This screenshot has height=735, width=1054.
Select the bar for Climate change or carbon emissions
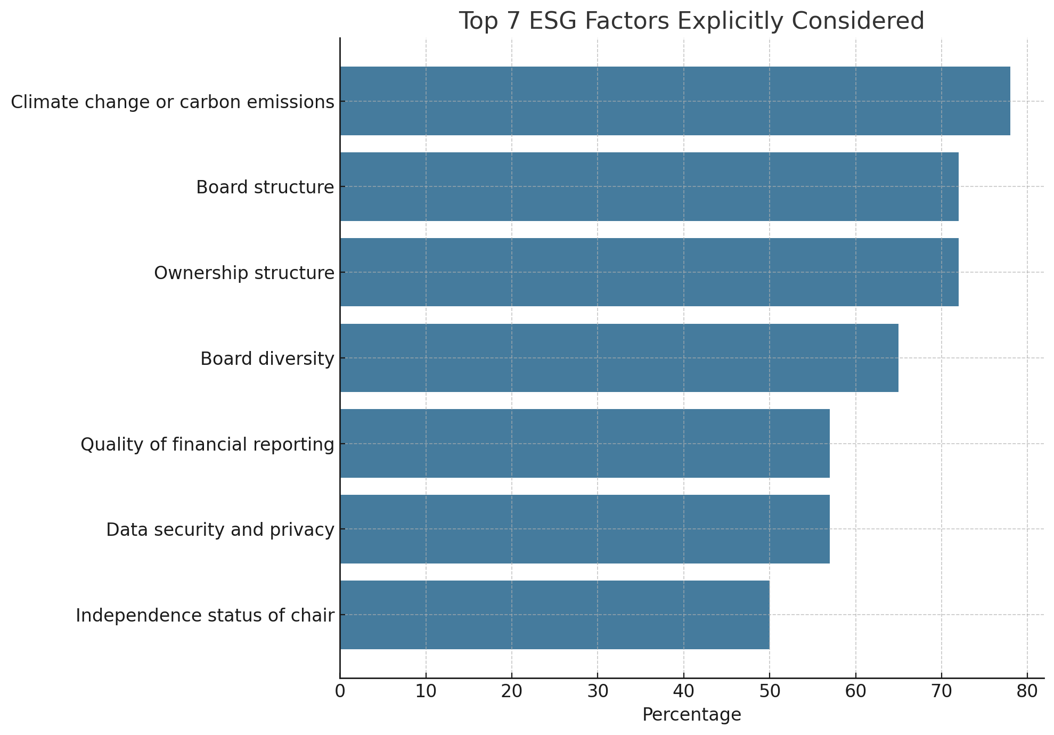point(675,101)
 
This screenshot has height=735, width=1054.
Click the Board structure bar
point(649,187)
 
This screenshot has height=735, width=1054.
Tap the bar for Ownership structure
point(649,272)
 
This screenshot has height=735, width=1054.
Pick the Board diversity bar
point(619,358)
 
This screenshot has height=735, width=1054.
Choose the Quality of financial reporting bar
point(584,444)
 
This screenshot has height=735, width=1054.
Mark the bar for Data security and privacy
point(584,529)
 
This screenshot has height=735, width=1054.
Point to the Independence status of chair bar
point(554,615)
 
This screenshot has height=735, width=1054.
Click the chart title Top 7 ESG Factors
point(691,21)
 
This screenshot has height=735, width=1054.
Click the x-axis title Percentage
point(691,715)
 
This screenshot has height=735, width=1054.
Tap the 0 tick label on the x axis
point(340,692)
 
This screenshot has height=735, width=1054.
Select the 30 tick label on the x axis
point(598,692)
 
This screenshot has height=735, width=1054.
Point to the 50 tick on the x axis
point(770,692)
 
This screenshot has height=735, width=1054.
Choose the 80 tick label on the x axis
point(1027,692)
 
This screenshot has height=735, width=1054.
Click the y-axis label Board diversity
point(267,359)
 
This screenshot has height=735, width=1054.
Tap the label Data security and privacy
point(220,530)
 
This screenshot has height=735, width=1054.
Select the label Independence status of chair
point(205,616)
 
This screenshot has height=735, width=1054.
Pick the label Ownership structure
point(244,273)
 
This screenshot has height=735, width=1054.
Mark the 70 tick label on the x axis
point(942,692)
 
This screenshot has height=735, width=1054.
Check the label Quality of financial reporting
point(207,444)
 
